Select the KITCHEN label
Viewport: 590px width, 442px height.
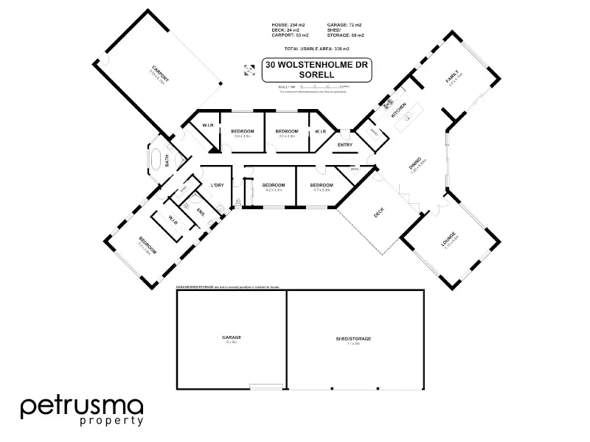coord(398,111)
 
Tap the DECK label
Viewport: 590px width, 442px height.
coord(379,214)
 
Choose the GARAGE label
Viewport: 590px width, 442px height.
coord(232,337)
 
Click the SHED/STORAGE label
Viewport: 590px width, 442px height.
coord(353,338)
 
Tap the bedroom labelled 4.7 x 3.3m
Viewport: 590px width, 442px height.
coord(322,185)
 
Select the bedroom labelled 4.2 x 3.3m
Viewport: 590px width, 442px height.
coord(273,185)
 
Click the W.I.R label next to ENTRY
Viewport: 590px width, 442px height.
coord(321,131)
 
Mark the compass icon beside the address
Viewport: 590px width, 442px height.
coord(246,71)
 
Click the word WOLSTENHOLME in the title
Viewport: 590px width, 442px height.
coord(322,65)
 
